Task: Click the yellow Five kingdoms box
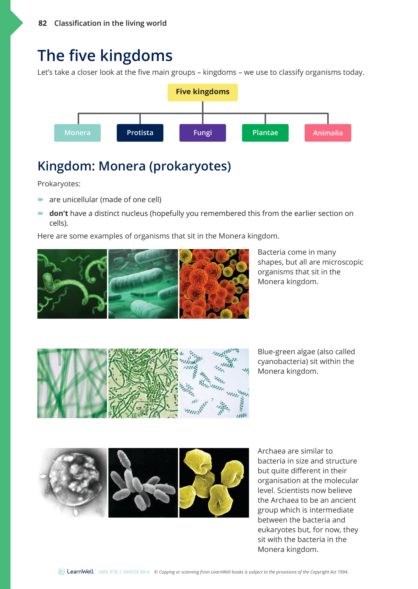pyautogui.click(x=202, y=92)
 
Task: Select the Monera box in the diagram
pyautogui.click(x=77, y=133)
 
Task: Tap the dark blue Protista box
pyautogui.click(x=140, y=133)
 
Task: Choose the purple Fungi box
pyautogui.click(x=202, y=133)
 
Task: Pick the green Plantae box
pyautogui.click(x=265, y=133)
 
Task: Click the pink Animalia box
pyautogui.click(x=328, y=133)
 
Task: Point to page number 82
pyautogui.click(x=43, y=23)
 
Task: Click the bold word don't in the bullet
pyautogui.click(x=58, y=213)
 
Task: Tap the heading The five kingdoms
pyautogui.click(x=105, y=56)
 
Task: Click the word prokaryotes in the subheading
pyautogui.click(x=190, y=166)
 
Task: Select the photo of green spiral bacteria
pyautogui.click(x=72, y=284)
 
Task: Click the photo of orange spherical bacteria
pyautogui.click(x=214, y=284)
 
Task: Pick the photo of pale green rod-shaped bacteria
pyautogui.click(x=143, y=284)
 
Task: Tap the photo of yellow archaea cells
pyautogui.click(x=214, y=483)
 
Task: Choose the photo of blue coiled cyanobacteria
pyautogui.click(x=214, y=383)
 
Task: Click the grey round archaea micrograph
pyautogui.click(x=72, y=483)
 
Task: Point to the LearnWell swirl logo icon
pyautogui.click(x=61, y=571)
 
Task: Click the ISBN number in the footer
pyautogui.click(x=124, y=572)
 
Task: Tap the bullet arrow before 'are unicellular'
pyautogui.click(x=40, y=200)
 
